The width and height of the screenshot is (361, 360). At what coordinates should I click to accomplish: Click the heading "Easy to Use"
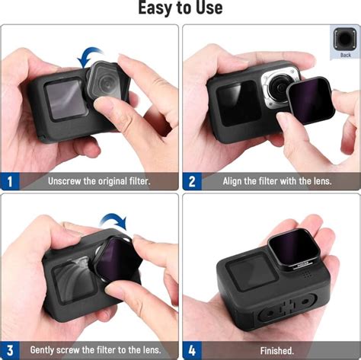pos(180,8)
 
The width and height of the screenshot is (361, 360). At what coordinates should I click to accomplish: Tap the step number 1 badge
pos(11,181)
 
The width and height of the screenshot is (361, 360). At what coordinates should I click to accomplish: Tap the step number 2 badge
pos(192,181)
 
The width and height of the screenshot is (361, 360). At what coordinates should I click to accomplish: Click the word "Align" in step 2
pos(234,182)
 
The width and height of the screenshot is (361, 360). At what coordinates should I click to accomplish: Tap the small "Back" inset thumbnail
pos(346,44)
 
